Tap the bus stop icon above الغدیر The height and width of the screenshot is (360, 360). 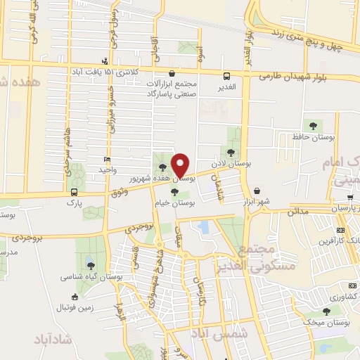pyautogui.click(x=226, y=77)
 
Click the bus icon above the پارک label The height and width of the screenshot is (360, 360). pyautogui.click(x=74, y=192)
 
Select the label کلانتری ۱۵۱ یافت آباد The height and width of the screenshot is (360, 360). pyautogui.click(x=103, y=72)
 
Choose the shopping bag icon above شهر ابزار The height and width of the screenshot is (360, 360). pyautogui.click(x=257, y=191)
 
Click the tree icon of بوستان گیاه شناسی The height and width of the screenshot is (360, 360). pyautogui.click(x=91, y=264)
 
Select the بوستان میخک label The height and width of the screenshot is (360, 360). pyautogui.click(x=333, y=323)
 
